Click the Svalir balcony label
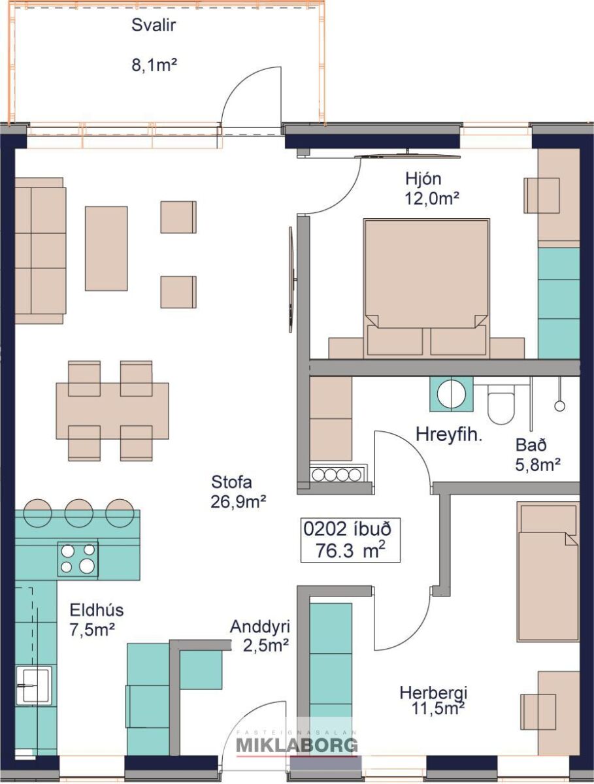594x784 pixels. pyautogui.click(x=154, y=25)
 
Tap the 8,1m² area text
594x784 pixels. pyautogui.click(x=154, y=65)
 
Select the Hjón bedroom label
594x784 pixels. pyautogui.click(x=423, y=179)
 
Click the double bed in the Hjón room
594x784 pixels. pyautogui.click(x=427, y=288)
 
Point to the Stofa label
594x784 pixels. pyautogui.click(x=231, y=482)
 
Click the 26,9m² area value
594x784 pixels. pyautogui.click(x=239, y=502)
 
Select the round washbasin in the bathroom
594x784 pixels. pyautogui.click(x=452, y=394)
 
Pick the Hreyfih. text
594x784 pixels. pyautogui.click(x=449, y=434)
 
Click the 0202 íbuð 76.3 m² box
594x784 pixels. pyautogui.click(x=350, y=540)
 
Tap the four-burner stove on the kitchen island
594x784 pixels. pyautogui.click(x=78, y=559)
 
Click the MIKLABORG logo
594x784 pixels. pyautogui.click(x=297, y=744)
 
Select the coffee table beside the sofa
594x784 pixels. pyautogui.click(x=106, y=248)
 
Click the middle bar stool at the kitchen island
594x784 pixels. pyautogui.click(x=78, y=514)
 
